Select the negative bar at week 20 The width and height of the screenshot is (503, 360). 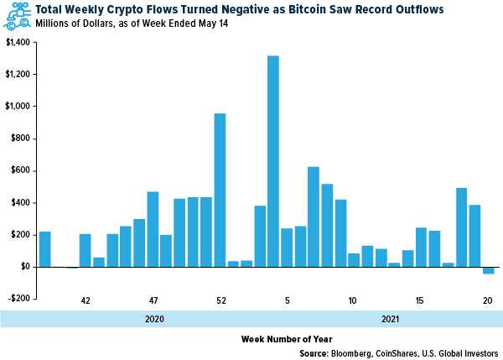click(x=488, y=270)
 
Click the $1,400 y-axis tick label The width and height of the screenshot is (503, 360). click(x=17, y=42)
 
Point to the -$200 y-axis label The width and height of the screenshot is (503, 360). click(x=17, y=299)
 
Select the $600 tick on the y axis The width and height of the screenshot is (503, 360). click(x=19, y=170)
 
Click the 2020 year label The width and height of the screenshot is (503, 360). click(x=153, y=319)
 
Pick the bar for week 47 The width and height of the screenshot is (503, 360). click(x=153, y=229)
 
